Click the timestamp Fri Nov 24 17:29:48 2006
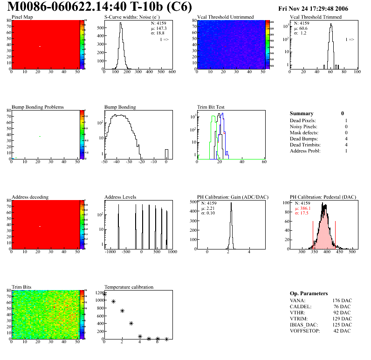point(319,8)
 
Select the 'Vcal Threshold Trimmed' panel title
point(316,17)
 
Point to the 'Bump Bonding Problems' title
point(38,107)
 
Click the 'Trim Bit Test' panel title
point(211,107)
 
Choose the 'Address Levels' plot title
point(120,197)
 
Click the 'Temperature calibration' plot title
point(129,287)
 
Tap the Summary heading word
point(302,113)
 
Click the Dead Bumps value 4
point(346,138)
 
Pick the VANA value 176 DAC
point(342,300)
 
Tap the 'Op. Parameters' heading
point(309,293)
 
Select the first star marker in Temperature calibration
point(104,294)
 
